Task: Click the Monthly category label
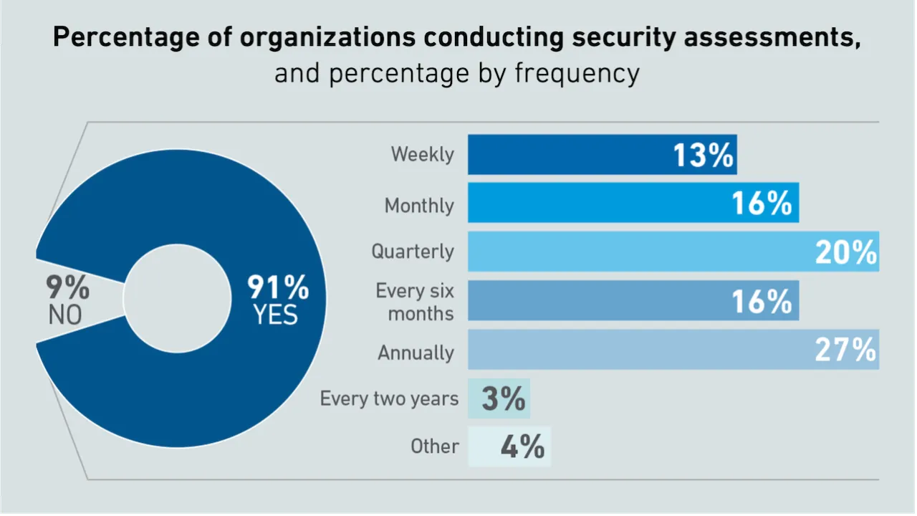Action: click(x=419, y=206)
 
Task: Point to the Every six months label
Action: click(x=415, y=302)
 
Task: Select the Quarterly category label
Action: click(x=413, y=252)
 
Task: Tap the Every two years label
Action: click(x=389, y=398)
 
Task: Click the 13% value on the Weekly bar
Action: click(x=704, y=155)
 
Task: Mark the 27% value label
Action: click(x=845, y=350)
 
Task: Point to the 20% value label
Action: click(x=845, y=252)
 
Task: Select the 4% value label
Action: click(x=522, y=447)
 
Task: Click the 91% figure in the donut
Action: click(x=278, y=288)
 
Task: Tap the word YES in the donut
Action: click(x=276, y=315)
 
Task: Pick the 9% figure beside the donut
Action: click(x=68, y=288)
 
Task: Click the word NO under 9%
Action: click(x=65, y=315)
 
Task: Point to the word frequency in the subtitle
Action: click(x=577, y=73)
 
